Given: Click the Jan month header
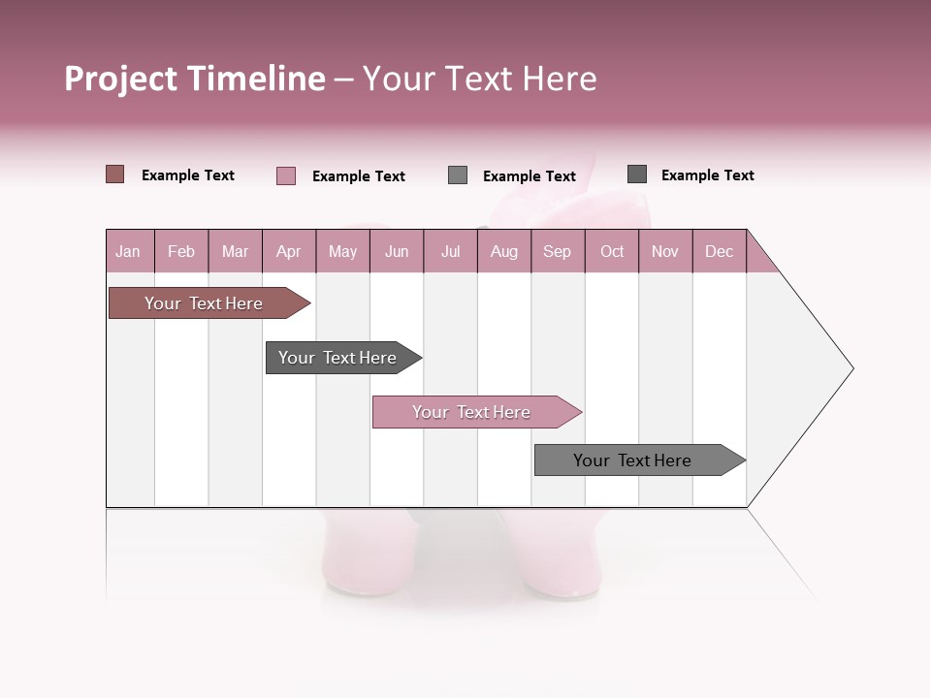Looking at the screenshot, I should click(129, 251).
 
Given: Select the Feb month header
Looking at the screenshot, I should click(181, 251).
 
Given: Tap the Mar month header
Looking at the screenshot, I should click(235, 251).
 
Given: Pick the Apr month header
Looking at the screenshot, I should click(289, 251).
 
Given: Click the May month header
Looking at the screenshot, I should click(342, 251).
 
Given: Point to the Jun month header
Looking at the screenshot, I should click(397, 251).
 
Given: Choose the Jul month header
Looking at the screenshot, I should click(450, 251).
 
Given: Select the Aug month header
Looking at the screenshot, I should click(504, 251).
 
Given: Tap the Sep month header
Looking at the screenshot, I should click(558, 251).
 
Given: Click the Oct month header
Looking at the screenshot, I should click(612, 251).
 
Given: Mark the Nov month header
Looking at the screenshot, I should click(665, 251).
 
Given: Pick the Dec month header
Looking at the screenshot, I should click(720, 251).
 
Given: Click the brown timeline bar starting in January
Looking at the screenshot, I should click(205, 303).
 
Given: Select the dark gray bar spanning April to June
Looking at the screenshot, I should click(338, 358).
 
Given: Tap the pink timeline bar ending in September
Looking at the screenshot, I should click(472, 412).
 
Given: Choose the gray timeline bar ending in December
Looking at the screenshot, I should click(633, 460).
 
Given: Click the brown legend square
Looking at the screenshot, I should click(115, 174).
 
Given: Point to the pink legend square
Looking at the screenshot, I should click(286, 175).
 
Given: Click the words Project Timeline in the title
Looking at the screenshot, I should click(195, 79).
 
